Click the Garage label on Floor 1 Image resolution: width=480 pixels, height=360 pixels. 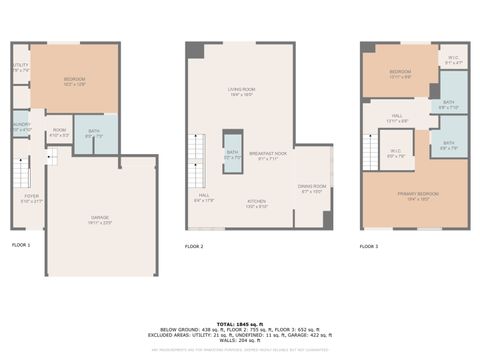[100, 219]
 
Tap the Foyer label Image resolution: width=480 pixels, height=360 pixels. [32, 199]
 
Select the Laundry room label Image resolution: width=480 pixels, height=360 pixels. [21, 127]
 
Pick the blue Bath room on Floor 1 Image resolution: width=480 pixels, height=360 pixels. [94, 133]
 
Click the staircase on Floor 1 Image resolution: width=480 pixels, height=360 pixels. [52, 156]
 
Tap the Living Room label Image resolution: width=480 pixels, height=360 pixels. [241, 92]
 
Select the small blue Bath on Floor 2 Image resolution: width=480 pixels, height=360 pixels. [232, 153]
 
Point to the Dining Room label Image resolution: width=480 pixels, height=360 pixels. [312, 188]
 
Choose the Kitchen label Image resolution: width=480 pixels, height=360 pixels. [257, 203]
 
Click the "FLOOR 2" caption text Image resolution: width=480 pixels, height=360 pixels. [194, 246]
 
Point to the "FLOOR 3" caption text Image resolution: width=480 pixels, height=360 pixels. [370, 246]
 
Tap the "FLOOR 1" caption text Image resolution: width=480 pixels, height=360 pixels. [21, 245]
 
